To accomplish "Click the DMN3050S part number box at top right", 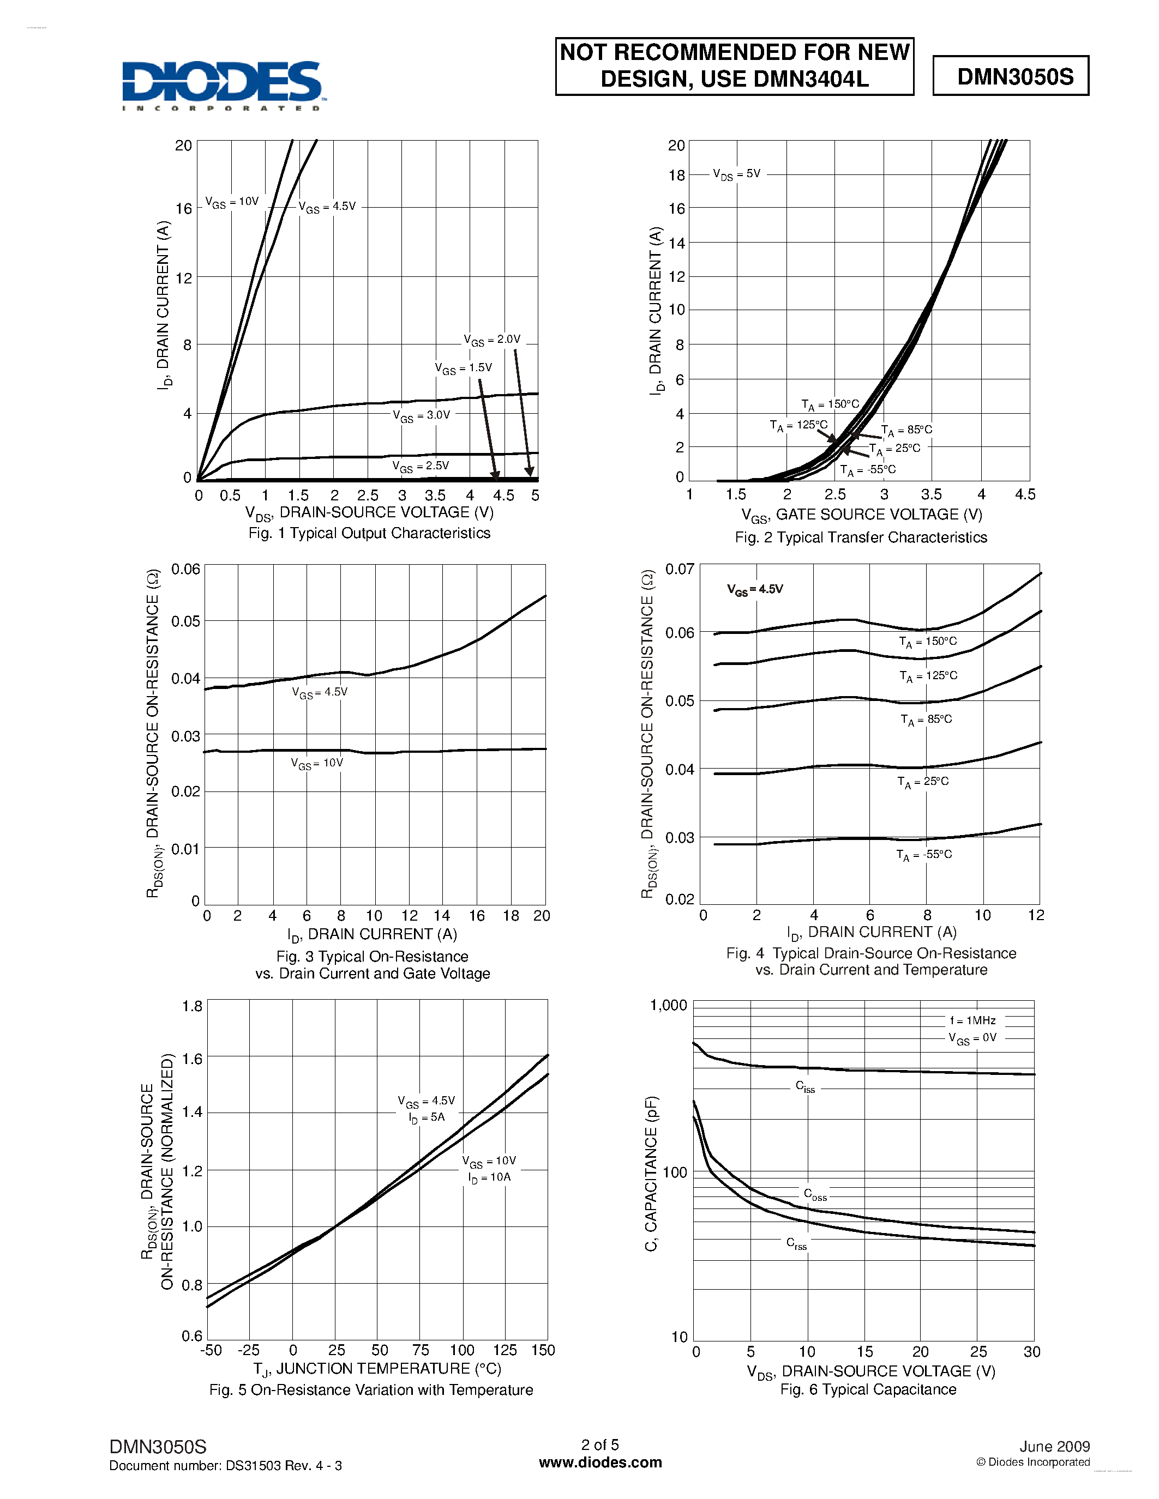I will [x=1011, y=76].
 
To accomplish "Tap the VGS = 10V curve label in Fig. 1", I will [x=232, y=202].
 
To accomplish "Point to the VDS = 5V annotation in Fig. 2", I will [x=736, y=174].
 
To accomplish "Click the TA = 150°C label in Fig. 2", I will [x=830, y=405].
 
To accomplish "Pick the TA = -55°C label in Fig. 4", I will [x=924, y=855].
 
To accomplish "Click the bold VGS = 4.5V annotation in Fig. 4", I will [x=755, y=590].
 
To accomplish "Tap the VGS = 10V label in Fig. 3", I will [x=316, y=764].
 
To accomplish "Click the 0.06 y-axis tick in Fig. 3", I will [x=185, y=569].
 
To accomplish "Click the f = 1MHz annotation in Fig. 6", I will [x=972, y=1020].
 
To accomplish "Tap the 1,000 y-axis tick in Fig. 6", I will [x=668, y=1006].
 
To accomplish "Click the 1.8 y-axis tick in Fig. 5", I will [x=192, y=1006].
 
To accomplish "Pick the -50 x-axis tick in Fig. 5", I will [x=211, y=1350].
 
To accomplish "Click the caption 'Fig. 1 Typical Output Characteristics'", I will [x=369, y=533].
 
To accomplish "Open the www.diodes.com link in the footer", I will [x=600, y=1462].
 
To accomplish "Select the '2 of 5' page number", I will [x=600, y=1445].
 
